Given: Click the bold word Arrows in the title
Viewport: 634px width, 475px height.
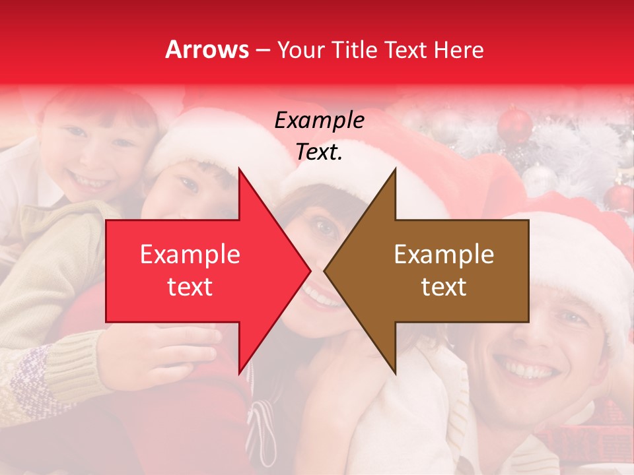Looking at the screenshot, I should [x=207, y=49].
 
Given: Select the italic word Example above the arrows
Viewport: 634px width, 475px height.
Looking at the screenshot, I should [x=319, y=121].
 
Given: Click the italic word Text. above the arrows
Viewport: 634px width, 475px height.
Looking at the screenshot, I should [x=319, y=152].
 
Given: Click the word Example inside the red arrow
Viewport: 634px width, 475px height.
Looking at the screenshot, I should [x=190, y=255].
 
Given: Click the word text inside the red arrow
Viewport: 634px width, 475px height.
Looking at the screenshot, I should [x=190, y=287].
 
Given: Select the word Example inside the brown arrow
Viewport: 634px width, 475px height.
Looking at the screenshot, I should [x=444, y=255].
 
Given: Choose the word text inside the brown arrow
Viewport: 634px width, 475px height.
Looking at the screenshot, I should [x=444, y=287].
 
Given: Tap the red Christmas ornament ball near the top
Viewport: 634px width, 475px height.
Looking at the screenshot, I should [x=514, y=125].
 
